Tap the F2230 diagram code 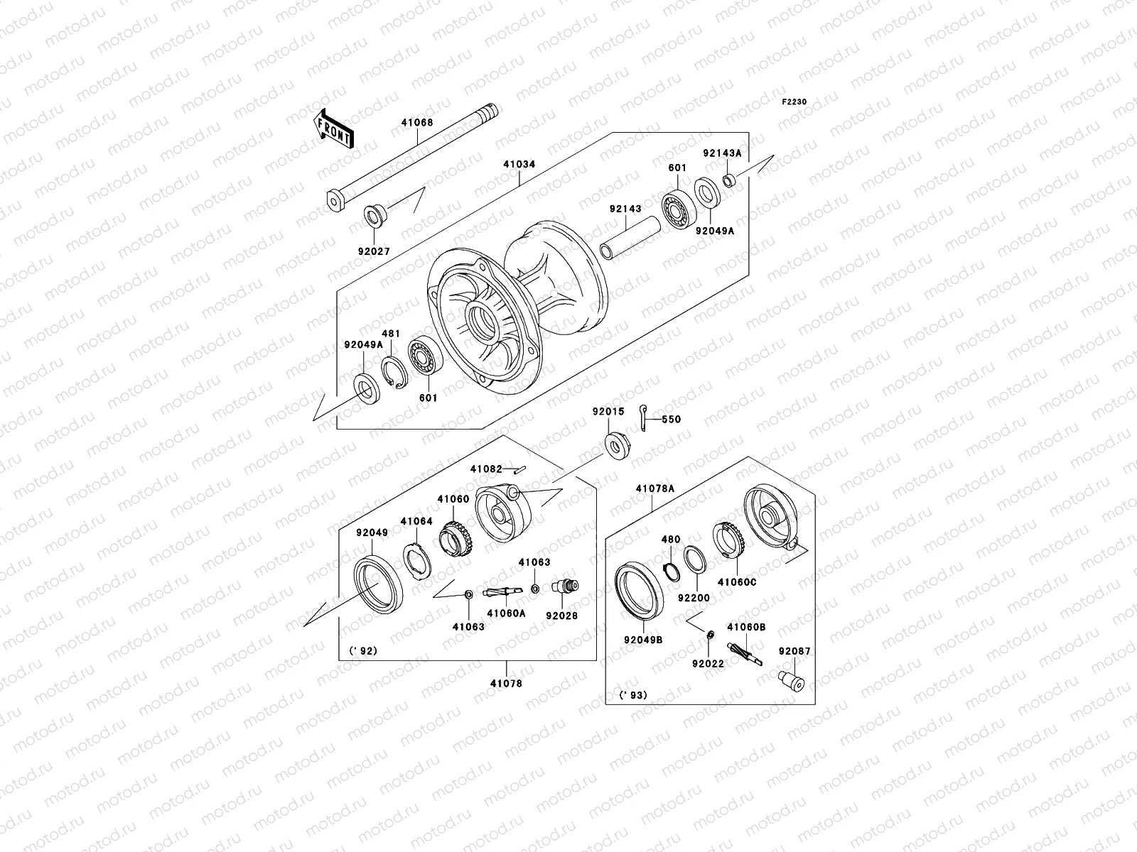pyautogui.click(x=794, y=102)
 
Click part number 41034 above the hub pyautogui.click(x=519, y=165)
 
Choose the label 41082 pyautogui.click(x=486, y=469)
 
